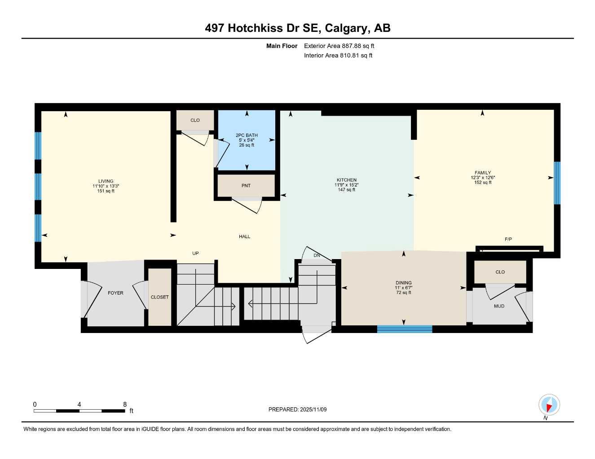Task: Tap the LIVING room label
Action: (106, 182)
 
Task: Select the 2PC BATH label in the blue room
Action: (247, 135)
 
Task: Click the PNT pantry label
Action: (246, 186)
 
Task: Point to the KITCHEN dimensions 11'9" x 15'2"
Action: (346, 185)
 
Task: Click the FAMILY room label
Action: (483, 173)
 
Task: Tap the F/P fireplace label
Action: (508, 239)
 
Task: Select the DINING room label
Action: (404, 283)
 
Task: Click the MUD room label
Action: (499, 306)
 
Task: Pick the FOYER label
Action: (115, 293)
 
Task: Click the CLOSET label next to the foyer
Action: (160, 297)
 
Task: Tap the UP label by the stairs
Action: (195, 253)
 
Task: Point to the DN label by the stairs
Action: (317, 255)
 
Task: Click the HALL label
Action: (245, 237)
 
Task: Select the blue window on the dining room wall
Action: (404, 329)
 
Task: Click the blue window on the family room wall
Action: (557, 183)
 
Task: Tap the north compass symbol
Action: (549, 405)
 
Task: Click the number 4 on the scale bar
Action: (79, 404)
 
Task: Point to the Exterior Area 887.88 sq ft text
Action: (339, 46)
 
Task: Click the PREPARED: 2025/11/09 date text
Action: (298, 409)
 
